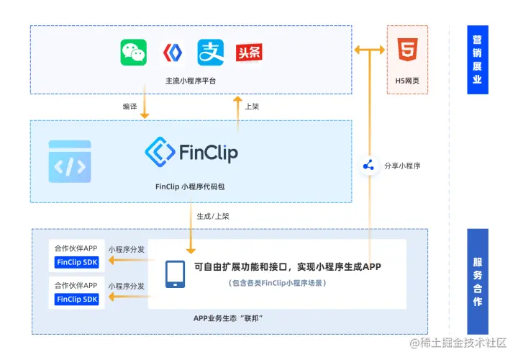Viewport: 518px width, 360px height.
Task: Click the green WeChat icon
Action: click(x=133, y=52)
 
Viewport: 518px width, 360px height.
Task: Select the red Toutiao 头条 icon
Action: click(x=249, y=52)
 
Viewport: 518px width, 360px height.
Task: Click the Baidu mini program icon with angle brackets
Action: click(x=172, y=52)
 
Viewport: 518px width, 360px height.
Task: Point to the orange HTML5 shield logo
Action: click(x=407, y=51)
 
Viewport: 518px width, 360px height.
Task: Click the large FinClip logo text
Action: click(x=191, y=152)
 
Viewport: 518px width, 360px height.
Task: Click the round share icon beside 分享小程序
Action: click(x=369, y=166)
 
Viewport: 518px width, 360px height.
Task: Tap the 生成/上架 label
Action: click(x=213, y=215)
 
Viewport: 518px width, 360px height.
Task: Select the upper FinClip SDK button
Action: click(x=77, y=262)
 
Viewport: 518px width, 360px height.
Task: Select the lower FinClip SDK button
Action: click(x=77, y=299)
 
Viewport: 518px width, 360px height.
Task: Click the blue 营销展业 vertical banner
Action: click(x=477, y=60)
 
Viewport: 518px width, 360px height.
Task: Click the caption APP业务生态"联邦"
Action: click(x=228, y=318)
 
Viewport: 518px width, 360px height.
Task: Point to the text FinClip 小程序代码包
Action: click(x=190, y=186)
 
